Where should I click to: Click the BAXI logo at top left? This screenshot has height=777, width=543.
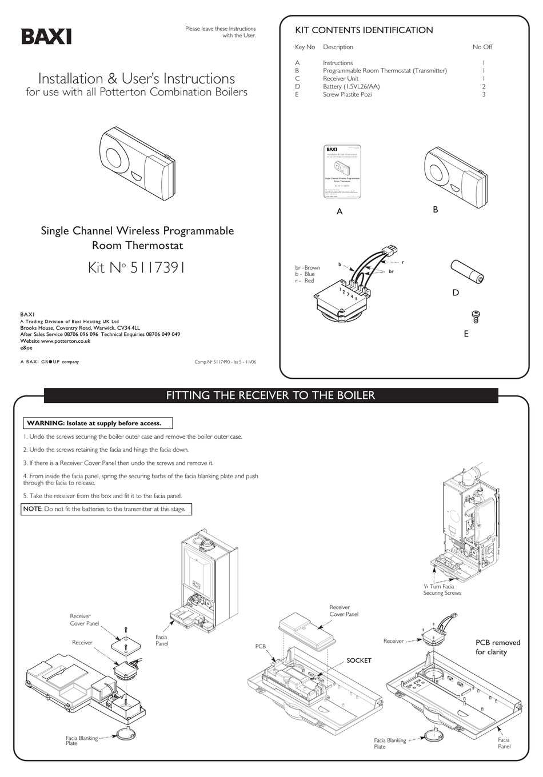click(x=46, y=37)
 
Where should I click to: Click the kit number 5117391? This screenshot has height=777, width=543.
click(x=137, y=267)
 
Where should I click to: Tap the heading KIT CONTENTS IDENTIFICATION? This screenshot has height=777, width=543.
click(x=364, y=30)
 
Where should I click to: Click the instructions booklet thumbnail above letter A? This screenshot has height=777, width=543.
click(x=341, y=171)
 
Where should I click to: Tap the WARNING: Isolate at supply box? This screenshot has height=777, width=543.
click(x=98, y=423)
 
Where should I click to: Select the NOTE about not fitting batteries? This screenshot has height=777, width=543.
click(x=106, y=509)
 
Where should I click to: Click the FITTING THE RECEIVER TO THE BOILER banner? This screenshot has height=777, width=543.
click(x=270, y=395)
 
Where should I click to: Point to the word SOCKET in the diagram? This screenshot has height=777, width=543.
click(x=359, y=660)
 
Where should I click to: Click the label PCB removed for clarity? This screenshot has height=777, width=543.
click(x=498, y=647)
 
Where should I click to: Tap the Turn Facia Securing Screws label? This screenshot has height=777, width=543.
click(x=442, y=590)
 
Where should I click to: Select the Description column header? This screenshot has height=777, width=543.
click(x=338, y=47)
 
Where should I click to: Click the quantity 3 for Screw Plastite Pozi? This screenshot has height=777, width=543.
click(x=484, y=94)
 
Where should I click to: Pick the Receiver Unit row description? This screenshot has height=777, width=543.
click(x=341, y=78)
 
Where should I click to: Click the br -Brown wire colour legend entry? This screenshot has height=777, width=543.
click(x=308, y=267)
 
